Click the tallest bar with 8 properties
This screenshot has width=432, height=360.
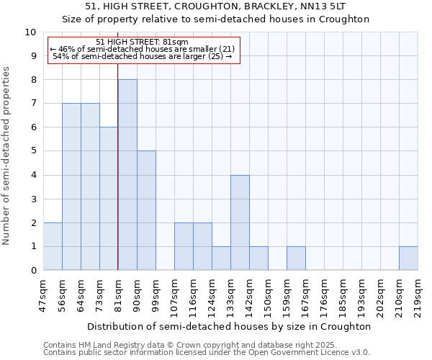click(x=127, y=175)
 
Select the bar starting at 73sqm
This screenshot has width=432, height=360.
click(x=109, y=199)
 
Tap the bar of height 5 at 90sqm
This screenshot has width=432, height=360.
click(x=146, y=210)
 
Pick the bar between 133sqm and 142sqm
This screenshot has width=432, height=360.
click(x=240, y=222)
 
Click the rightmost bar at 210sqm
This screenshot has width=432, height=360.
click(x=408, y=258)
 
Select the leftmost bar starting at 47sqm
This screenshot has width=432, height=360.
click(x=53, y=246)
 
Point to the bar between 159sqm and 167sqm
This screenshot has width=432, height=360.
click(x=296, y=258)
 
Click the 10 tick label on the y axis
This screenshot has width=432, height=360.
click(x=30, y=32)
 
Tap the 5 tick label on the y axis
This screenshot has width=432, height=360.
click(x=33, y=151)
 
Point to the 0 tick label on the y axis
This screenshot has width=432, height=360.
click(x=33, y=271)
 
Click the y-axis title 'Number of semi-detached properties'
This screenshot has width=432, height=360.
click(x=7, y=156)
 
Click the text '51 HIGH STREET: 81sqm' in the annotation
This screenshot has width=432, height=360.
click(x=142, y=42)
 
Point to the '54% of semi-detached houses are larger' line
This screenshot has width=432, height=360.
click(x=142, y=56)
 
